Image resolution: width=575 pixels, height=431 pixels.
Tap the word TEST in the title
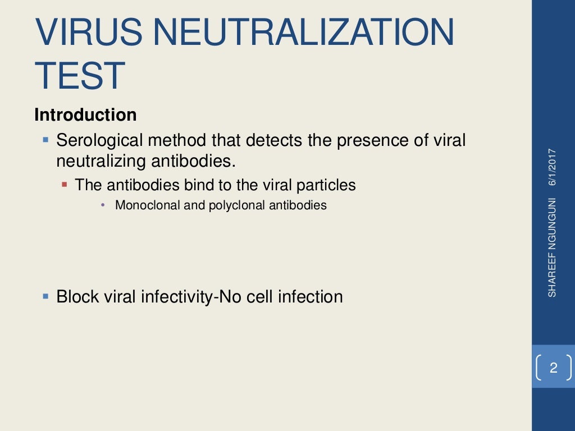[80, 76]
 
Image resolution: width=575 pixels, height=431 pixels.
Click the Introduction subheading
[85, 115]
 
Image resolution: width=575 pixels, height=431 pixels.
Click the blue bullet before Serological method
[46, 139]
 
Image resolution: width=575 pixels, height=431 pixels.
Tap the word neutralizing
[101, 161]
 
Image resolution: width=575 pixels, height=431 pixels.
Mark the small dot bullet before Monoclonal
[103, 205]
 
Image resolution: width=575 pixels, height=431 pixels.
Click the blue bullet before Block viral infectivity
[46, 295]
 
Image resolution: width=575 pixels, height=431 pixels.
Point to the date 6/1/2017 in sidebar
[553, 167]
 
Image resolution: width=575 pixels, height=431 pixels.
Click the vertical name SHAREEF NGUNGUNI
[553, 247]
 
